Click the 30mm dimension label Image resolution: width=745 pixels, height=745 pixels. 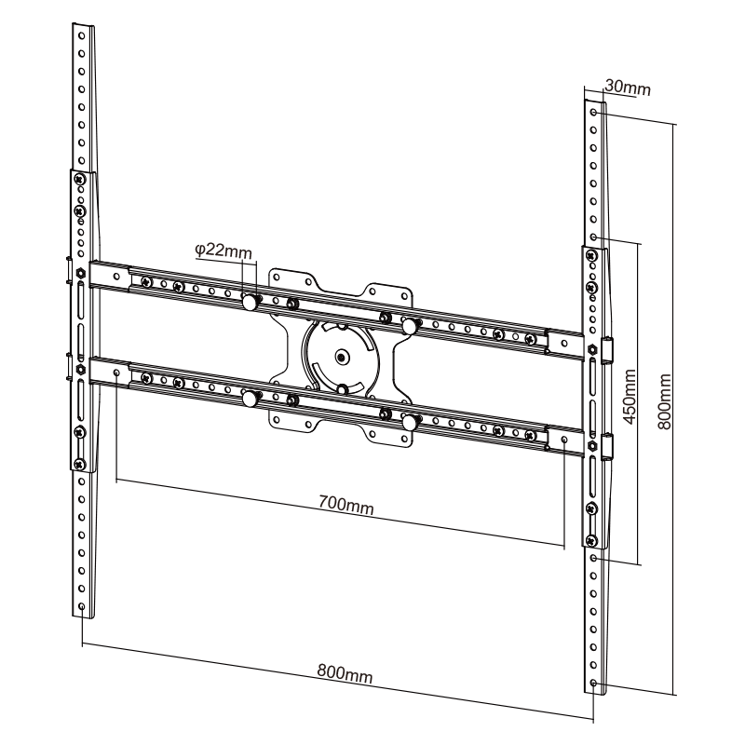tap(627, 88)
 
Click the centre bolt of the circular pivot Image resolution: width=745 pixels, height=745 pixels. tap(342, 356)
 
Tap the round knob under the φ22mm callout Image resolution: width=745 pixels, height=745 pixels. tap(250, 303)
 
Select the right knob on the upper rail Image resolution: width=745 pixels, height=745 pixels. tap(408, 325)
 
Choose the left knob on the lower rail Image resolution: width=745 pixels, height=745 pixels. tap(250, 400)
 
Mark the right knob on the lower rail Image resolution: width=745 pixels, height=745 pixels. tap(408, 421)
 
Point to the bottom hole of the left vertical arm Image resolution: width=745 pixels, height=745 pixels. tap(83, 606)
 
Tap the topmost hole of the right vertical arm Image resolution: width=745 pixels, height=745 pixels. tap(594, 112)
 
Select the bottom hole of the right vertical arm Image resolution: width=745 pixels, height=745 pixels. tap(594, 684)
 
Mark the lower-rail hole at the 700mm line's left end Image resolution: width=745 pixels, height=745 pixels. tap(115, 372)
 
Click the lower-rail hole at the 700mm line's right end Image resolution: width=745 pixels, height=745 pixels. tap(563, 437)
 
